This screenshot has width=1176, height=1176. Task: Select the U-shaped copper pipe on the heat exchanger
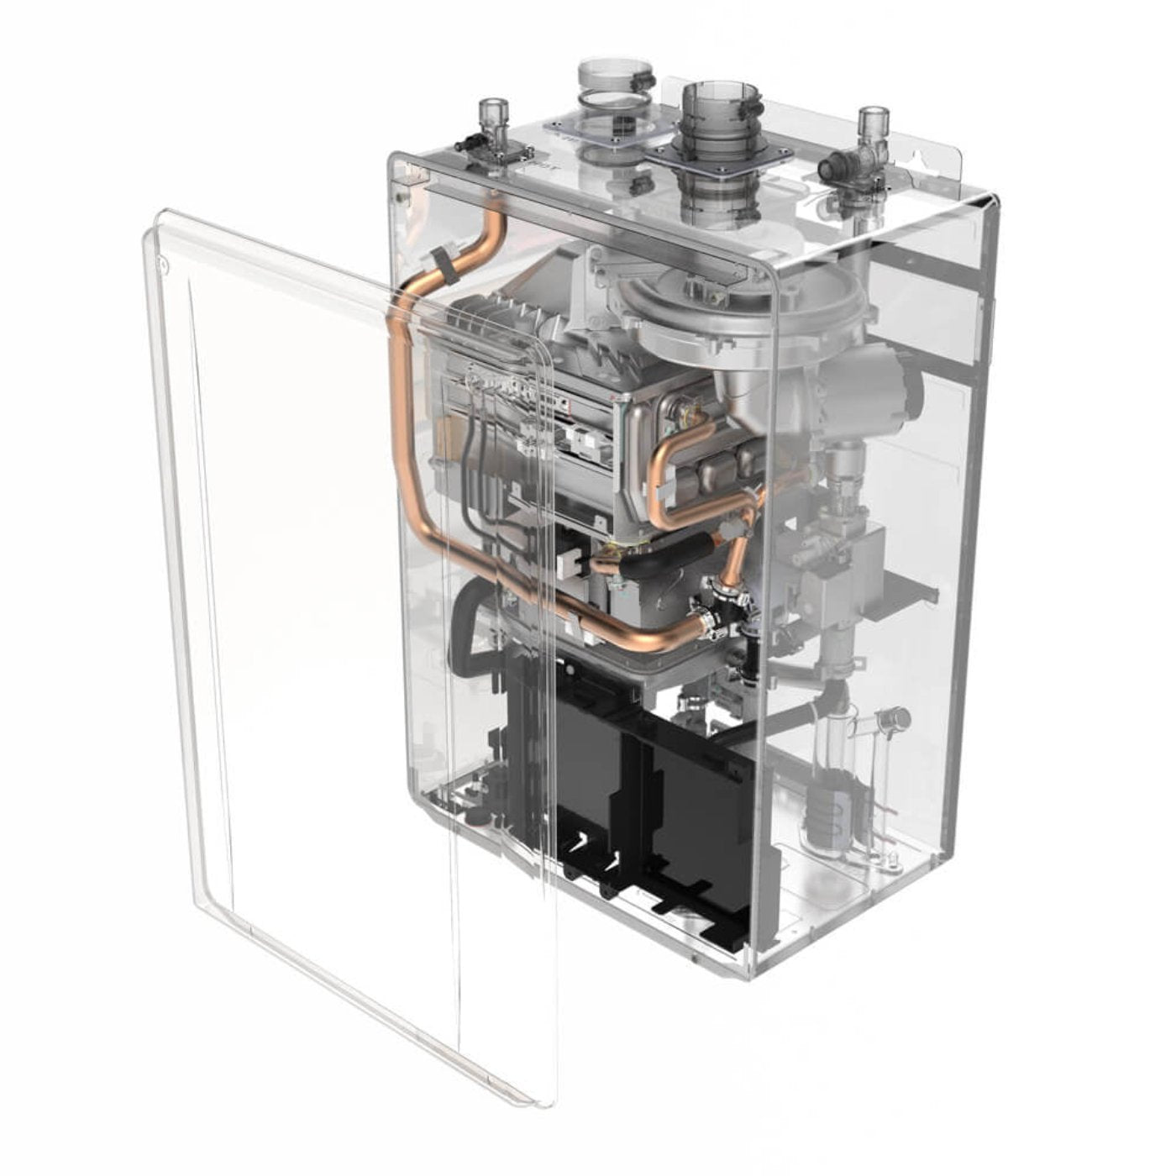tap(672, 487)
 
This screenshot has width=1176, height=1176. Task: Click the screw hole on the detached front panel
tap(163, 269)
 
